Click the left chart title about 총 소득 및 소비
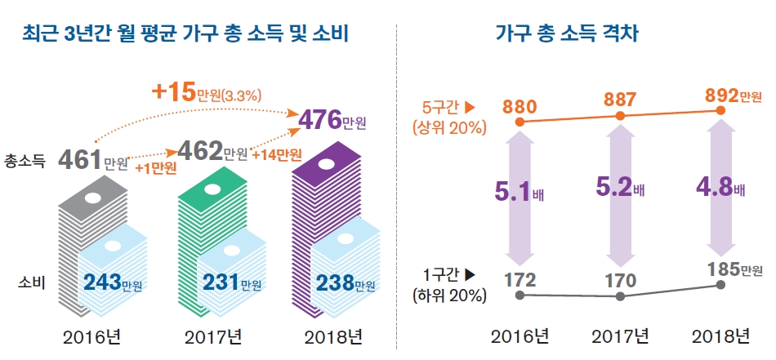pos(187,33)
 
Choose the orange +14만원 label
pos(277,155)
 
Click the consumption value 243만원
pos(113,283)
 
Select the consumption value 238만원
pos(346,283)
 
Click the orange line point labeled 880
pos(519,122)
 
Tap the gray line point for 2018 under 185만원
pos(720,285)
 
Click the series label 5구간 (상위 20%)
pos(448,117)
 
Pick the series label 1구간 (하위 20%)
pos(448,286)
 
